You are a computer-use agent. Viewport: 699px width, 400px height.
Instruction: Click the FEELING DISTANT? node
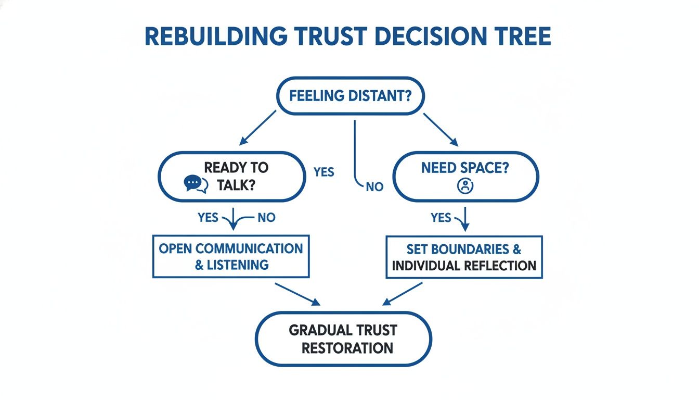click(x=350, y=96)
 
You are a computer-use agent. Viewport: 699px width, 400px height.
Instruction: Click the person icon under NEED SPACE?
click(x=464, y=186)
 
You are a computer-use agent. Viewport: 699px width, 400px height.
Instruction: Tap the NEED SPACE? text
click(x=464, y=168)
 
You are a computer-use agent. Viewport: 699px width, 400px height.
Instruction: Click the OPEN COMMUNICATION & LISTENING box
click(x=230, y=256)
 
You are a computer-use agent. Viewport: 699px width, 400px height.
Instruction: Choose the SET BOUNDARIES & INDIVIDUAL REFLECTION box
click(x=464, y=257)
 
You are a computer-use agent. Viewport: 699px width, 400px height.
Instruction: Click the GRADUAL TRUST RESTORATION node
click(x=343, y=339)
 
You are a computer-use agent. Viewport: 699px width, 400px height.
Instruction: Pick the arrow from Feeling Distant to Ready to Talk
click(x=258, y=127)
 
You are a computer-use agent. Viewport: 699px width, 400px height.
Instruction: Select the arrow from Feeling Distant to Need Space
click(x=441, y=129)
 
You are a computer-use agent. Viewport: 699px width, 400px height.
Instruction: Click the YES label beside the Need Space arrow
click(x=441, y=218)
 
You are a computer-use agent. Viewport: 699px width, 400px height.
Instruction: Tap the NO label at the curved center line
click(x=374, y=186)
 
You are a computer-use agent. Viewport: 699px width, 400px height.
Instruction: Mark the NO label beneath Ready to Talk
click(x=266, y=218)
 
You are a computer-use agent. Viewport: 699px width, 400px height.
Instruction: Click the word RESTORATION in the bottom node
click(x=347, y=348)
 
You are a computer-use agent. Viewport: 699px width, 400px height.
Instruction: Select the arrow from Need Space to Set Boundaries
click(x=464, y=219)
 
